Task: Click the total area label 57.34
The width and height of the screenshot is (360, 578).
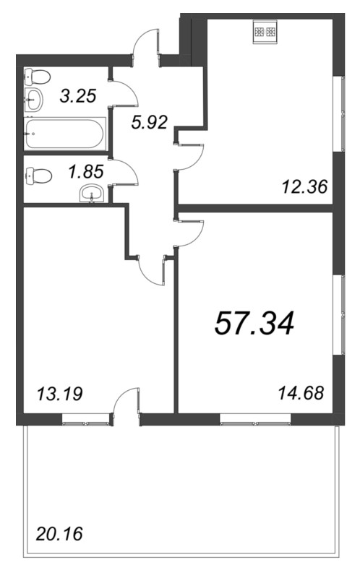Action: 254,323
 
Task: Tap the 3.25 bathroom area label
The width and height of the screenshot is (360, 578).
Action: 78,95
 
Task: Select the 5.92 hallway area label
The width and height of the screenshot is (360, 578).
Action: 150,122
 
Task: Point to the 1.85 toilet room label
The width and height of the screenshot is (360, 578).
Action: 86,171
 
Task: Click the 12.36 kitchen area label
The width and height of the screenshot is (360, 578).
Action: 304,187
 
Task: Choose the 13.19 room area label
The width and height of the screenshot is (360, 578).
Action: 60,394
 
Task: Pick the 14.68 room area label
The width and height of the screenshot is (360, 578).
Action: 301,393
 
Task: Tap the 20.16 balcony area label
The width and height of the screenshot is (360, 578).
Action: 59,534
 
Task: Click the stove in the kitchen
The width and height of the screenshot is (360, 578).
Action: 265,32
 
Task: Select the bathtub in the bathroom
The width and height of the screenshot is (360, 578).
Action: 65,134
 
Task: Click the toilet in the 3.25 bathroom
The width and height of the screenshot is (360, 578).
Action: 38,77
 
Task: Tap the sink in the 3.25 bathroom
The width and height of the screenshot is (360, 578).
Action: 34,99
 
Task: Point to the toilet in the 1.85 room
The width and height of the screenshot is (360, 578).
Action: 38,176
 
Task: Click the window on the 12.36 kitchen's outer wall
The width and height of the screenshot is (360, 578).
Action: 339,113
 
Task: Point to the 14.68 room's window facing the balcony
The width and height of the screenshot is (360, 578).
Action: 255,420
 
